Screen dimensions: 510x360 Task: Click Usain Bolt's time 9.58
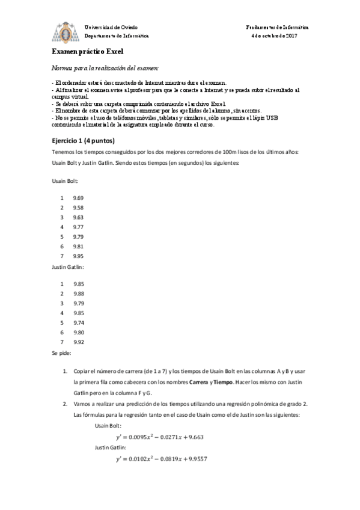(x=78, y=207)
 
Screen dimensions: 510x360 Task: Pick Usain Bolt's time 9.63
(x=78, y=217)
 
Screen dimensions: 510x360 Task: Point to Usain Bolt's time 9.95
(x=78, y=256)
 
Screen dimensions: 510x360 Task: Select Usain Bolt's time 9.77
(x=78, y=227)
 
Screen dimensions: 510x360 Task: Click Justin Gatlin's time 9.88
(x=78, y=293)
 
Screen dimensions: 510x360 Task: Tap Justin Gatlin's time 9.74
(x=78, y=322)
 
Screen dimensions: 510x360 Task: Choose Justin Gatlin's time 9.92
(x=78, y=342)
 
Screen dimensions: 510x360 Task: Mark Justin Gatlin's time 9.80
(x=78, y=332)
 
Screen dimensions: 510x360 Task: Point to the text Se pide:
(x=62, y=354)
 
